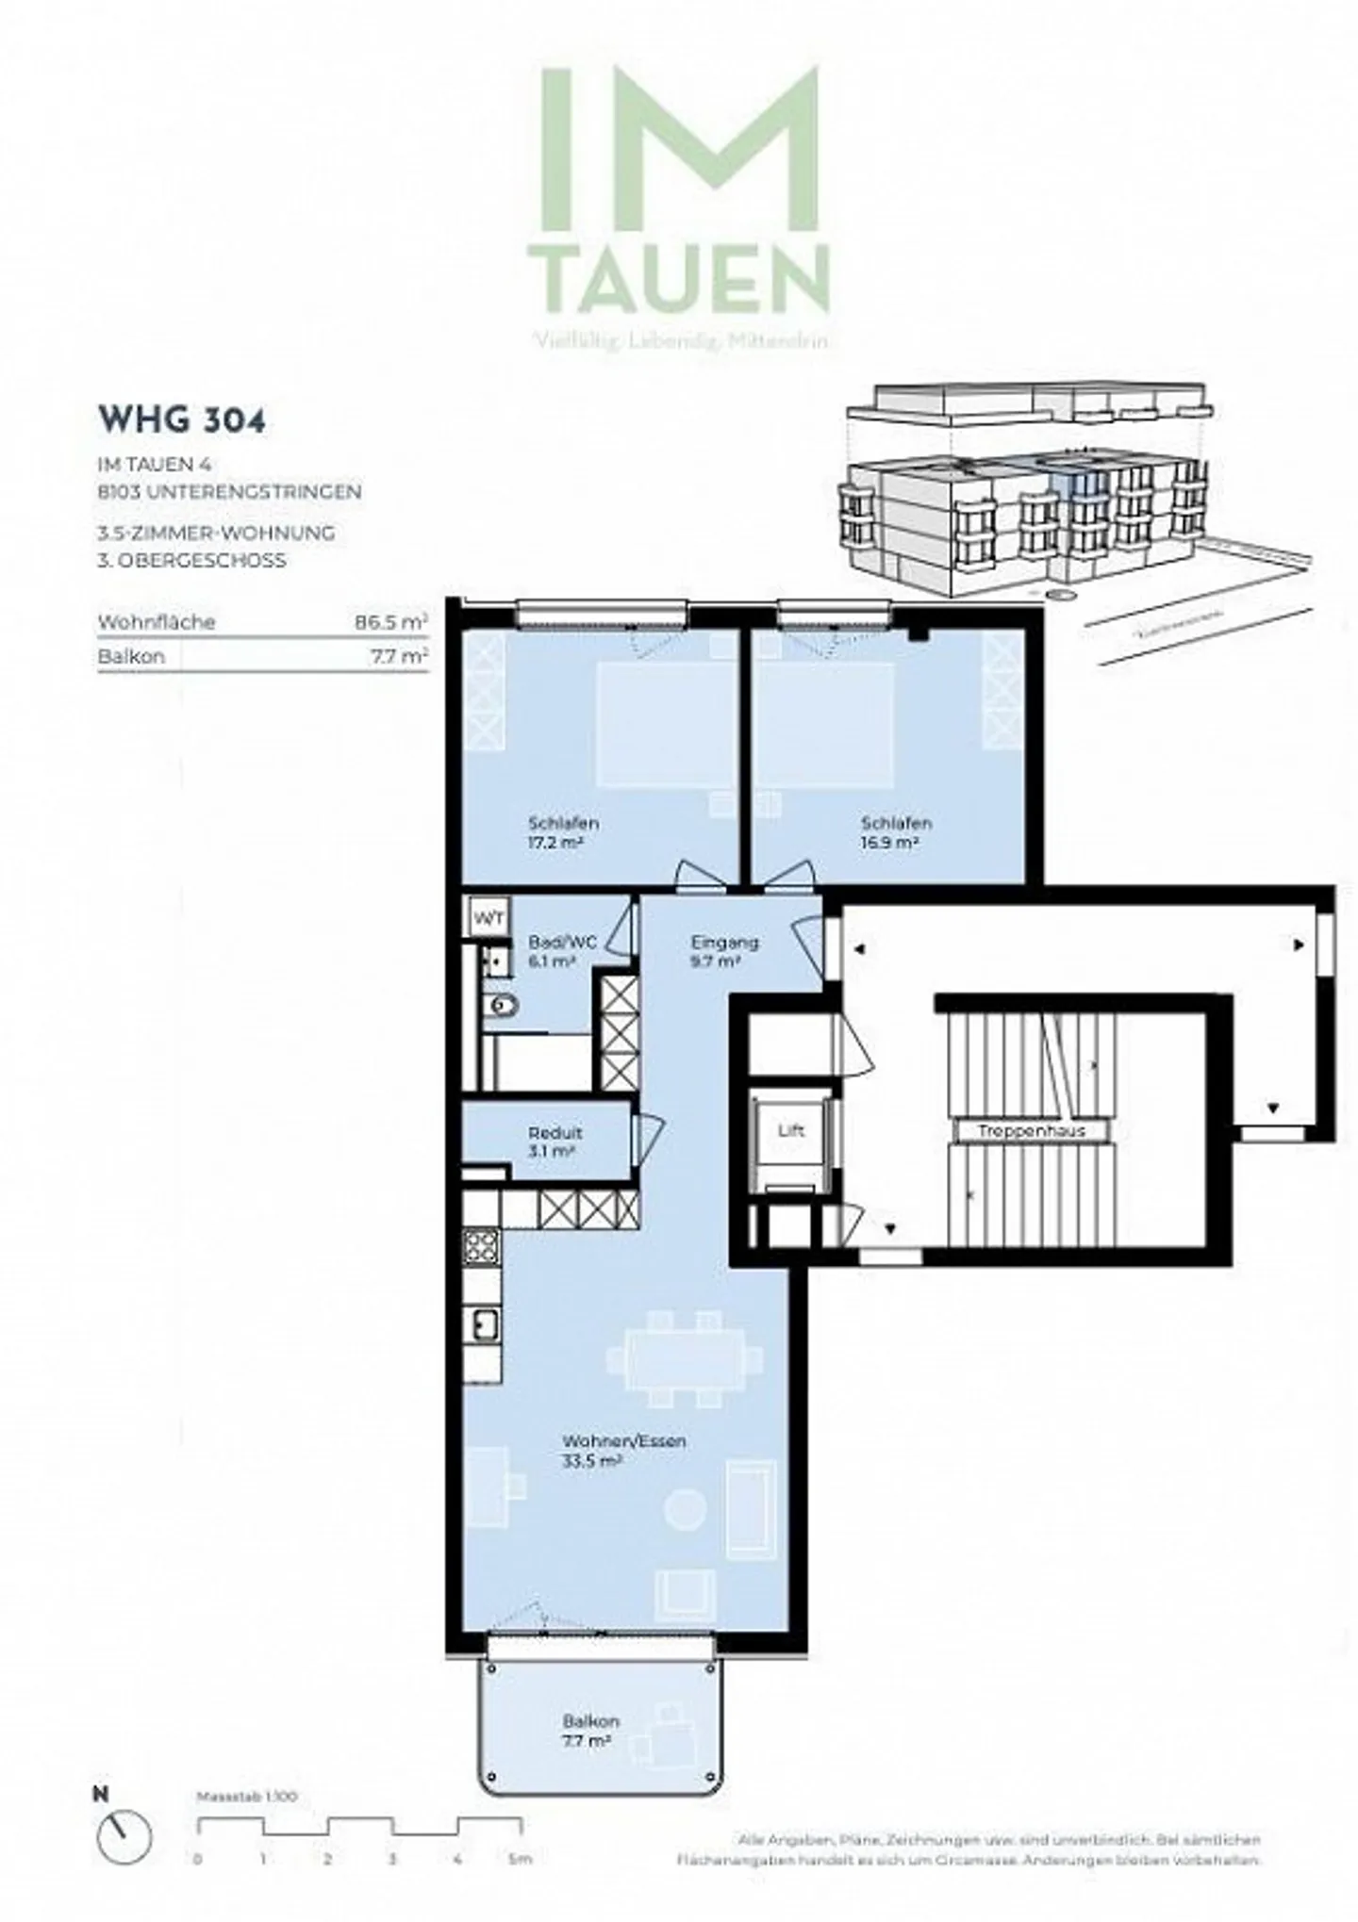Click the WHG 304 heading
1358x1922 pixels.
click(181, 420)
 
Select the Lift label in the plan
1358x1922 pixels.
click(791, 1130)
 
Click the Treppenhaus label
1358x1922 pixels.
click(1032, 1130)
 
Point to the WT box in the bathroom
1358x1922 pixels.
click(489, 918)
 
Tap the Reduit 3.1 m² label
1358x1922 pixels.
click(555, 1142)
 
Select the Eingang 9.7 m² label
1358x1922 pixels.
click(724, 951)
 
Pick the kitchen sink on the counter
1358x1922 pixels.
click(484, 1323)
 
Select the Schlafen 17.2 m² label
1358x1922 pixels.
click(564, 832)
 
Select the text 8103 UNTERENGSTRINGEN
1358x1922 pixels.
click(229, 491)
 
